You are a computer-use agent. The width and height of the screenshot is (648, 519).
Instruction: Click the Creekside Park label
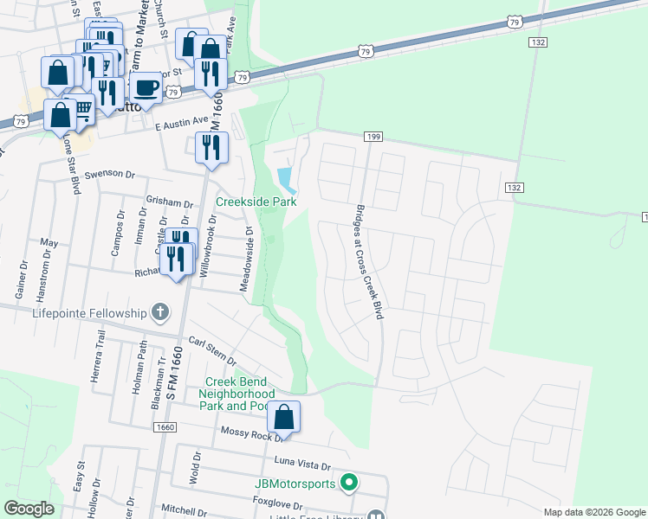coord(256,202)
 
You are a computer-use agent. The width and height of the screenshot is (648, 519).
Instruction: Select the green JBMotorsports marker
coord(349,482)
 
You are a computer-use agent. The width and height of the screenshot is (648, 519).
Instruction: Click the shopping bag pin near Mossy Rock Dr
coord(284,418)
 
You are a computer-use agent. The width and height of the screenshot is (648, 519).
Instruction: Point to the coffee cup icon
coord(146,87)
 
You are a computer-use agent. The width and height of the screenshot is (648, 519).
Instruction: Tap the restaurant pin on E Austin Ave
coord(210,148)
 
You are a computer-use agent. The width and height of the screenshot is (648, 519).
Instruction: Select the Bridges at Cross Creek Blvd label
coord(366,261)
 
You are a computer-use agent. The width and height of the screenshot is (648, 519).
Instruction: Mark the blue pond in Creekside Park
coord(285,180)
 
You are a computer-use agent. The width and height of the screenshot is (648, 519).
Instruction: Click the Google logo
coord(29,509)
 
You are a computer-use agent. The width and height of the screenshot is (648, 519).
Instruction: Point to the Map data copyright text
coord(594,512)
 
